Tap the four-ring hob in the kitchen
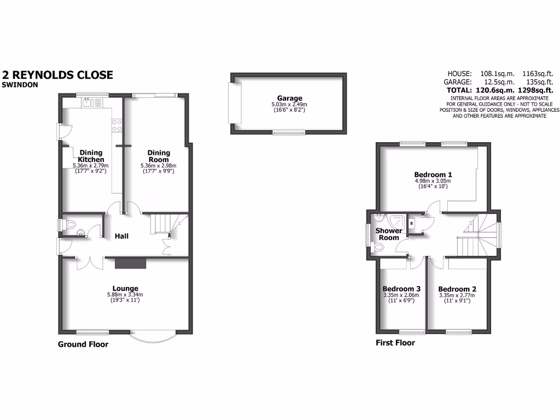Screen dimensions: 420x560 116,125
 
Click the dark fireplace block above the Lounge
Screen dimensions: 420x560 131,264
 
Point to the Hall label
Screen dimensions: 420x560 121,236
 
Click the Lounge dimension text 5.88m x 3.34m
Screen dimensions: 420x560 125,295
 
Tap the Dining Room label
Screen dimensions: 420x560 159,156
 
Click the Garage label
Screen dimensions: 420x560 289,98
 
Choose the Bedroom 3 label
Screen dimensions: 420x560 401,289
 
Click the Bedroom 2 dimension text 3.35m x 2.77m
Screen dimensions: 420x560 457,295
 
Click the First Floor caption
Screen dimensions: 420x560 395,343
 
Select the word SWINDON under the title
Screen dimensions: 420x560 19,85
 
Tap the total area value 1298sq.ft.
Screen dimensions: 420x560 532,90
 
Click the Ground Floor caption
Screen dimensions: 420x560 83,344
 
